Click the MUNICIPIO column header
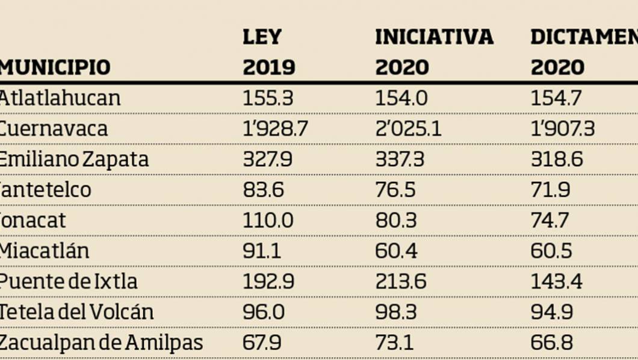55,67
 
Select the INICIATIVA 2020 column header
433,52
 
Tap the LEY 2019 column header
268,52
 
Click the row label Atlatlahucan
60,98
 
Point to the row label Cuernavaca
54,129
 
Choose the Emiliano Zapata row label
74,160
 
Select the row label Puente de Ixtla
68,281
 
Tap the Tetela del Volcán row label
76,312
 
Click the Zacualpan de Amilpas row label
101,343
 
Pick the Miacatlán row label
44,250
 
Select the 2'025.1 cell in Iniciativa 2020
408,129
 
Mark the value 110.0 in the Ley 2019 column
268,220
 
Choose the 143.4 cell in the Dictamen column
556,281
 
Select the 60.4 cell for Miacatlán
396,250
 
